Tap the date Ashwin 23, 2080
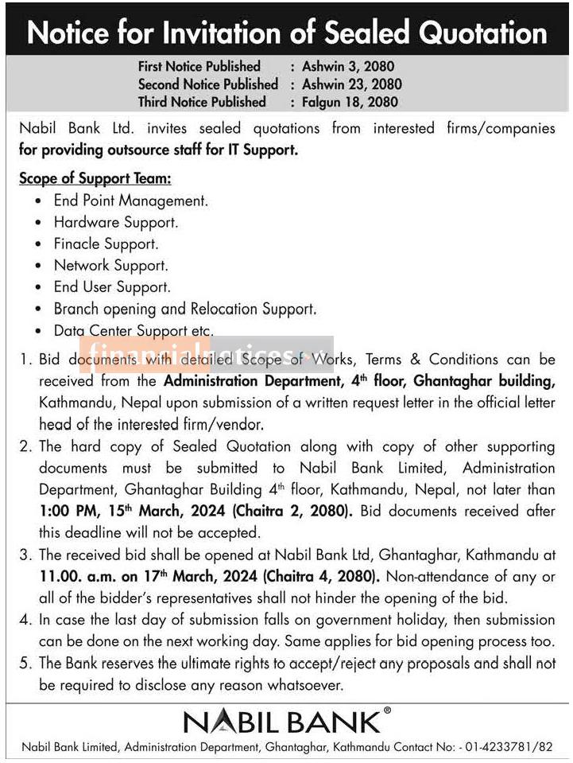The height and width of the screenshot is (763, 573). click(x=352, y=84)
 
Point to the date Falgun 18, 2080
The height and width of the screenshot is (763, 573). click(x=350, y=102)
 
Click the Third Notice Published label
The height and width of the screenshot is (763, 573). click(x=202, y=102)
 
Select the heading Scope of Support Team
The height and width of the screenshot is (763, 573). click(x=95, y=178)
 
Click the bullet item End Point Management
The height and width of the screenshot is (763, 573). click(x=130, y=201)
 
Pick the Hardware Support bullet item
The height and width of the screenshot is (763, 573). click(x=115, y=223)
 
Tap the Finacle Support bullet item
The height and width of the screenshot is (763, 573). click(x=106, y=244)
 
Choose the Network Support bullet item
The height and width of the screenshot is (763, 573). click(x=110, y=266)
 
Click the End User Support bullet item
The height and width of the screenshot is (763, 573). click(x=112, y=287)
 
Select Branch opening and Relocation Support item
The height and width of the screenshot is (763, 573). click(x=184, y=309)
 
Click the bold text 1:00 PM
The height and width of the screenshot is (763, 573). click(x=66, y=512)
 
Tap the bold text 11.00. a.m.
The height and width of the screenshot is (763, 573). click(x=78, y=576)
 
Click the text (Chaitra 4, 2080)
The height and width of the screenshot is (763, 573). click(x=318, y=576)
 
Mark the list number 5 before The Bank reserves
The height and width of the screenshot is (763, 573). click(x=25, y=663)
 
